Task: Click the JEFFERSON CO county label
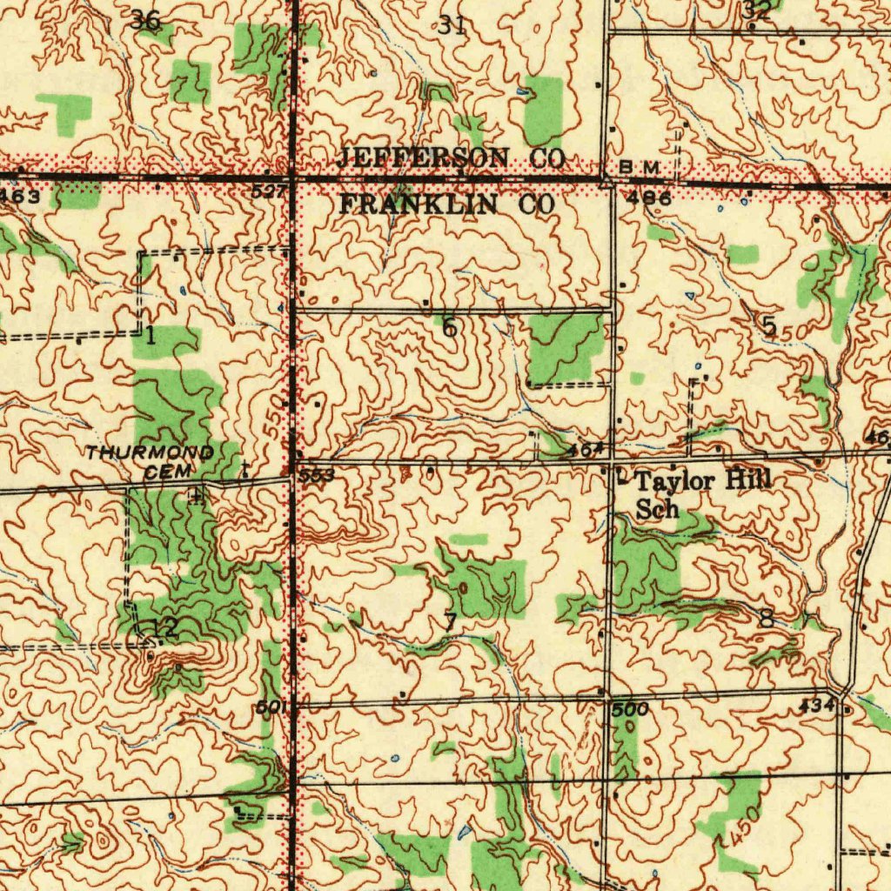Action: point(451,158)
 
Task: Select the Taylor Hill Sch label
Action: point(701,494)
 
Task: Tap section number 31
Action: point(451,25)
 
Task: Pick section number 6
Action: point(449,328)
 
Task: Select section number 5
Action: point(768,325)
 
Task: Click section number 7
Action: point(449,622)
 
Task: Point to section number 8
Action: point(766,620)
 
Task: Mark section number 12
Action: point(164,627)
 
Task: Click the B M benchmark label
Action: point(645,165)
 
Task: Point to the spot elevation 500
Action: point(628,710)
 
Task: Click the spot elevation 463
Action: point(19,198)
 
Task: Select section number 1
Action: point(151,335)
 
